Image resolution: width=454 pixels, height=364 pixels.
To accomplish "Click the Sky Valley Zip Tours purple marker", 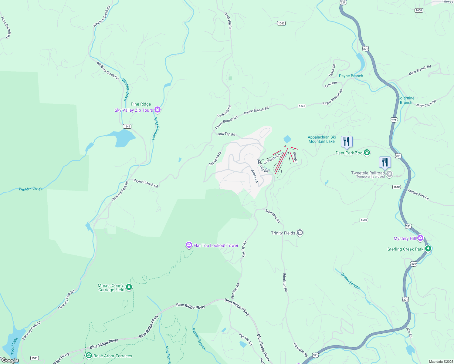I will pos(157,110).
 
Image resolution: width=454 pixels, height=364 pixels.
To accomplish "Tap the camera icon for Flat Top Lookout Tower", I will pos(189,245).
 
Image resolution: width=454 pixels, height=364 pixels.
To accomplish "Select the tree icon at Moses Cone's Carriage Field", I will pos(129,287).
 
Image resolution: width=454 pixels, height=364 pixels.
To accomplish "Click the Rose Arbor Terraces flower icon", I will pos(89,356).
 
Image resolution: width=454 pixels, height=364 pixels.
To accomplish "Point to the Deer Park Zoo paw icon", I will pos(367,152).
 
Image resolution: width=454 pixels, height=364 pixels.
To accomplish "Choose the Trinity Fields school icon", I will pos(300,233).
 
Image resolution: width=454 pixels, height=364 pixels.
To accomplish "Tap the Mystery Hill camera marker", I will pos(420,238).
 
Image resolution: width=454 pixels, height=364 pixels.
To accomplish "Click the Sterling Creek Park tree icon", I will pos(428,249).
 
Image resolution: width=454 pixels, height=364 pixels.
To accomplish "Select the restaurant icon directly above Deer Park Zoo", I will pos(346,142).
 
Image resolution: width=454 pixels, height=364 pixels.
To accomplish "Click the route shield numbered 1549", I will pos(127,126).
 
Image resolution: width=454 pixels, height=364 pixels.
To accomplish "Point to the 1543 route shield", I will pos(281,23).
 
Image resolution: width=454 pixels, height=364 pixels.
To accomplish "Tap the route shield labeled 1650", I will pos(418,10).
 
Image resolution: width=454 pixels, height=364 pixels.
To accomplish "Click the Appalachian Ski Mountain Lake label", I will pos(322,139).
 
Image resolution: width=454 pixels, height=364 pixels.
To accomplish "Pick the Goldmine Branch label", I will pos(406,100).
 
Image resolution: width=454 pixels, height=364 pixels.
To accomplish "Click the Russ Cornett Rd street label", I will pos(6,28).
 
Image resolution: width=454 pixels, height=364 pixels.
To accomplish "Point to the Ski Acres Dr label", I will pos(215,159).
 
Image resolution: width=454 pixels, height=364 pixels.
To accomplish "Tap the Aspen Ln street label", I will pos(254,176).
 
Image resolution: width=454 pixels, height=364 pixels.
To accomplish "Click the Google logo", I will pos(10,360).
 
